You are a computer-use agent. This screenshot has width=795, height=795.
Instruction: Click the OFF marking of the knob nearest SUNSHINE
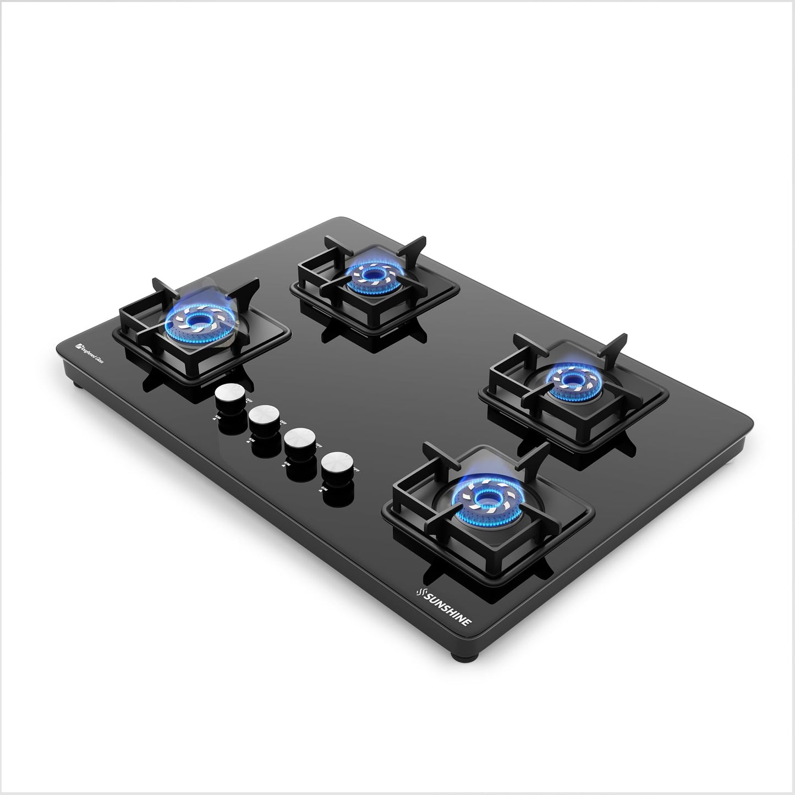[356, 469]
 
